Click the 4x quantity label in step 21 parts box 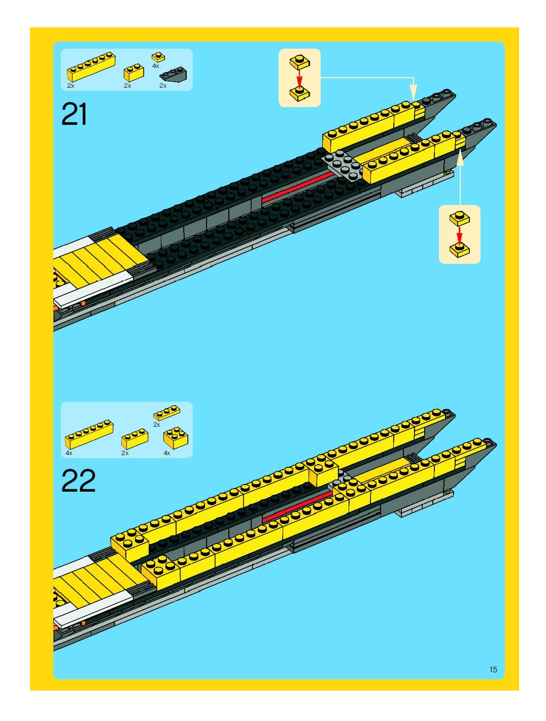[x=156, y=66]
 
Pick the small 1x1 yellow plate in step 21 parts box [x=158, y=57]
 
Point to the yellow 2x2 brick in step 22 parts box [x=175, y=438]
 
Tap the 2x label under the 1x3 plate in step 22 [x=157, y=425]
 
